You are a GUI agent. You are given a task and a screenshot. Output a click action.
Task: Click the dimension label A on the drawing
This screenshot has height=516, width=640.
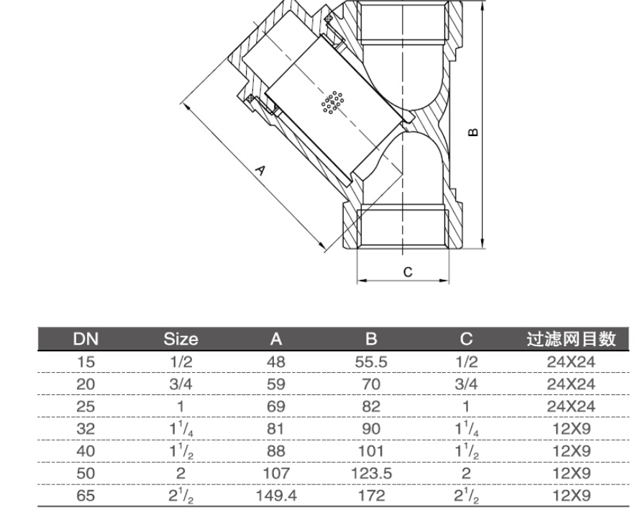click(x=260, y=171)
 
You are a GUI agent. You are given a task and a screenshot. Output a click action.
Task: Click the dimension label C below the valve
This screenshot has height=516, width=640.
click(x=406, y=272)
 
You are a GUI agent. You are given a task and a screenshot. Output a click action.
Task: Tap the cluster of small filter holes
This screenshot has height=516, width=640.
click(x=332, y=104)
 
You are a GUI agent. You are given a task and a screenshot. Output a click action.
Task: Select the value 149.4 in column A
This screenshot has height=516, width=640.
click(x=275, y=494)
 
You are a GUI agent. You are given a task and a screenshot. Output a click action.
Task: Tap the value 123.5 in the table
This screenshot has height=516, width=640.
click(x=372, y=473)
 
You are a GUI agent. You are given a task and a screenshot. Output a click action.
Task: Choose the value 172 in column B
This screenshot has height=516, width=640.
click(x=372, y=494)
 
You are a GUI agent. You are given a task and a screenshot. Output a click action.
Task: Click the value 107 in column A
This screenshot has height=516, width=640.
click(x=275, y=473)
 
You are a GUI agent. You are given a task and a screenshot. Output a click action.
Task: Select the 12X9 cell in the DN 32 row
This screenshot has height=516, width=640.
click(x=572, y=429)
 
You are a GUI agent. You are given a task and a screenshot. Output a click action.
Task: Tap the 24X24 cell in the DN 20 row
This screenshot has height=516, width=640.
click(x=572, y=385)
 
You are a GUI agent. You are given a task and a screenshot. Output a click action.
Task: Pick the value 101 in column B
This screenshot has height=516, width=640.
click(x=372, y=451)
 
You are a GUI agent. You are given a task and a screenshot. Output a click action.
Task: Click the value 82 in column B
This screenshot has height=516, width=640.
click(x=372, y=407)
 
